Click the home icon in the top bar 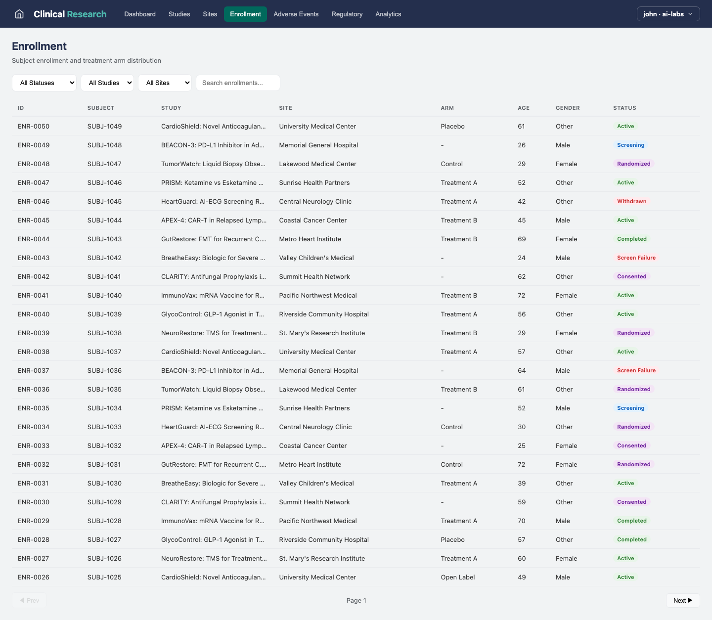pos(19,14)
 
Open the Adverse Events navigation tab pos(296,14)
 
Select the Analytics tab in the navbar pos(388,14)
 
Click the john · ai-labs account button pos(667,14)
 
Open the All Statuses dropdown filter pos(44,83)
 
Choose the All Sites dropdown pos(165,83)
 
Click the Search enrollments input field pos(238,83)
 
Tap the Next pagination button pos(682,600)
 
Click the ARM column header pos(447,108)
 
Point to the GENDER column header pos(567,108)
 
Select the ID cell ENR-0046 pos(34,201)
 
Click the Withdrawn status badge pos(631,201)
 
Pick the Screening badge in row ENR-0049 pos(630,145)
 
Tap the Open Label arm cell pos(457,577)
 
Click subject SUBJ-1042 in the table pos(104,258)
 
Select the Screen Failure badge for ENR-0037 pos(636,370)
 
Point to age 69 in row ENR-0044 pos(521,239)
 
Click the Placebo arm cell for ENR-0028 pos(452,539)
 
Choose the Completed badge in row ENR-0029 pos(631,521)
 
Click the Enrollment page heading pos(39,46)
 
